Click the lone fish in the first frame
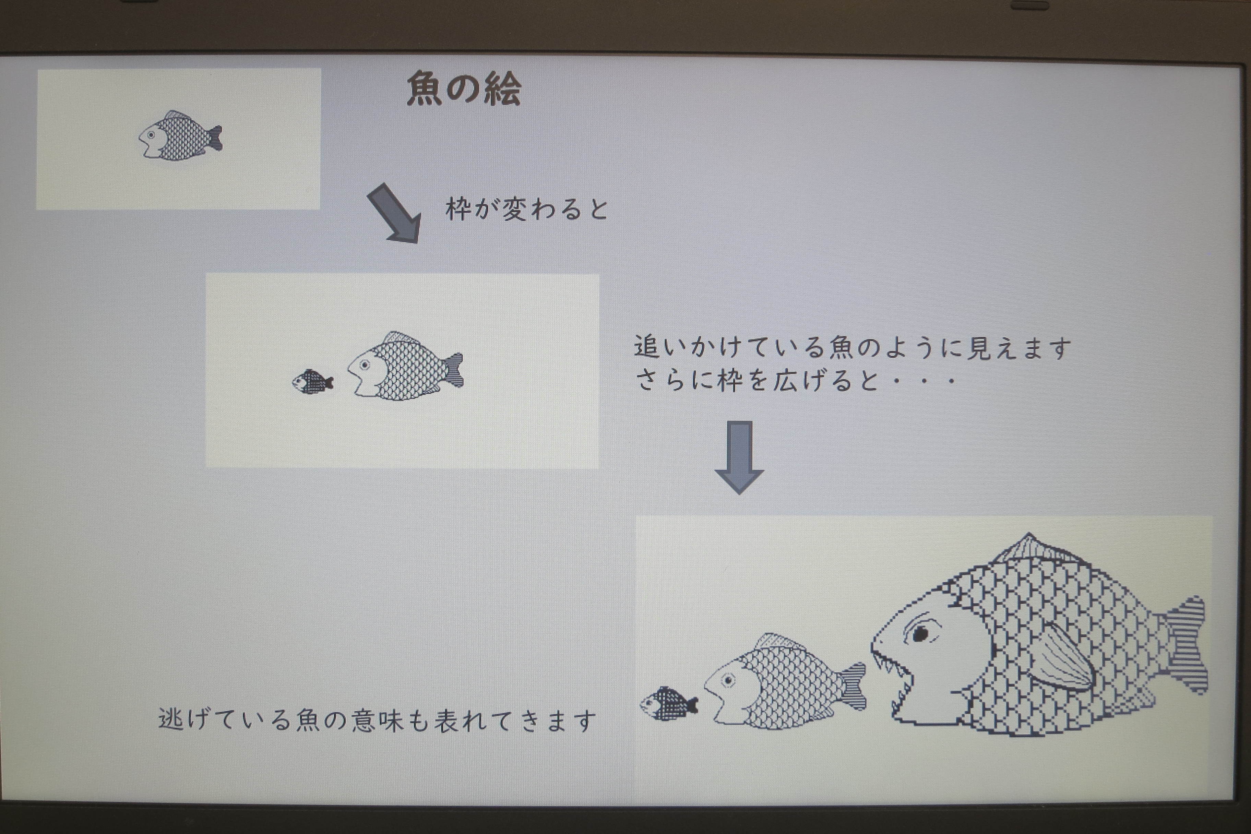180,136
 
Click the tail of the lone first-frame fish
214,138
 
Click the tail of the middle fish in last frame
853,686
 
